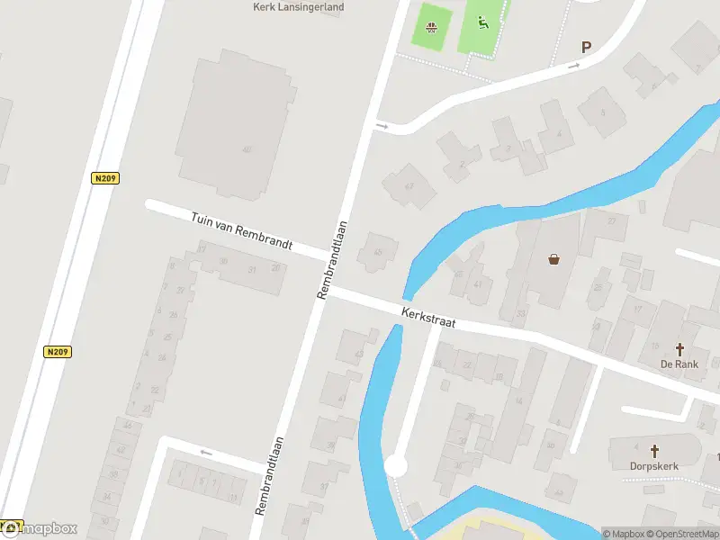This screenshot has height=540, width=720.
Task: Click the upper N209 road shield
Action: [x=105, y=178]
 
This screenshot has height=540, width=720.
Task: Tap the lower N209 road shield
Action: [x=56, y=351]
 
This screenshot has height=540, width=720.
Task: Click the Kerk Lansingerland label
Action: [x=297, y=6]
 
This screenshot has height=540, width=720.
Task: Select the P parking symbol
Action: [x=587, y=48]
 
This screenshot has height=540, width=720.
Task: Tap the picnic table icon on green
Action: [x=434, y=25]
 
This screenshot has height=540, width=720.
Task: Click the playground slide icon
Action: [x=482, y=23]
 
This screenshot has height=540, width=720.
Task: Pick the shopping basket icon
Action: [x=553, y=259]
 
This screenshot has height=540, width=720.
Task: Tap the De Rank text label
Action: [x=679, y=364]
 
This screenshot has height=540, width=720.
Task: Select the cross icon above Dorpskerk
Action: [x=654, y=451]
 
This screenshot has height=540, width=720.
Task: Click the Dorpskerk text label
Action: [x=654, y=466]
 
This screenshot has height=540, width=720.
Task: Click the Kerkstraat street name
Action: [x=429, y=315]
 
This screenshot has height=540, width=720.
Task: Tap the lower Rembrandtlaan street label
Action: [x=269, y=475]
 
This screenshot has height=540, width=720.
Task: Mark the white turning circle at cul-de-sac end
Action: [x=395, y=465]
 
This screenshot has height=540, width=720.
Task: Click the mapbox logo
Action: [x=40, y=528]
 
